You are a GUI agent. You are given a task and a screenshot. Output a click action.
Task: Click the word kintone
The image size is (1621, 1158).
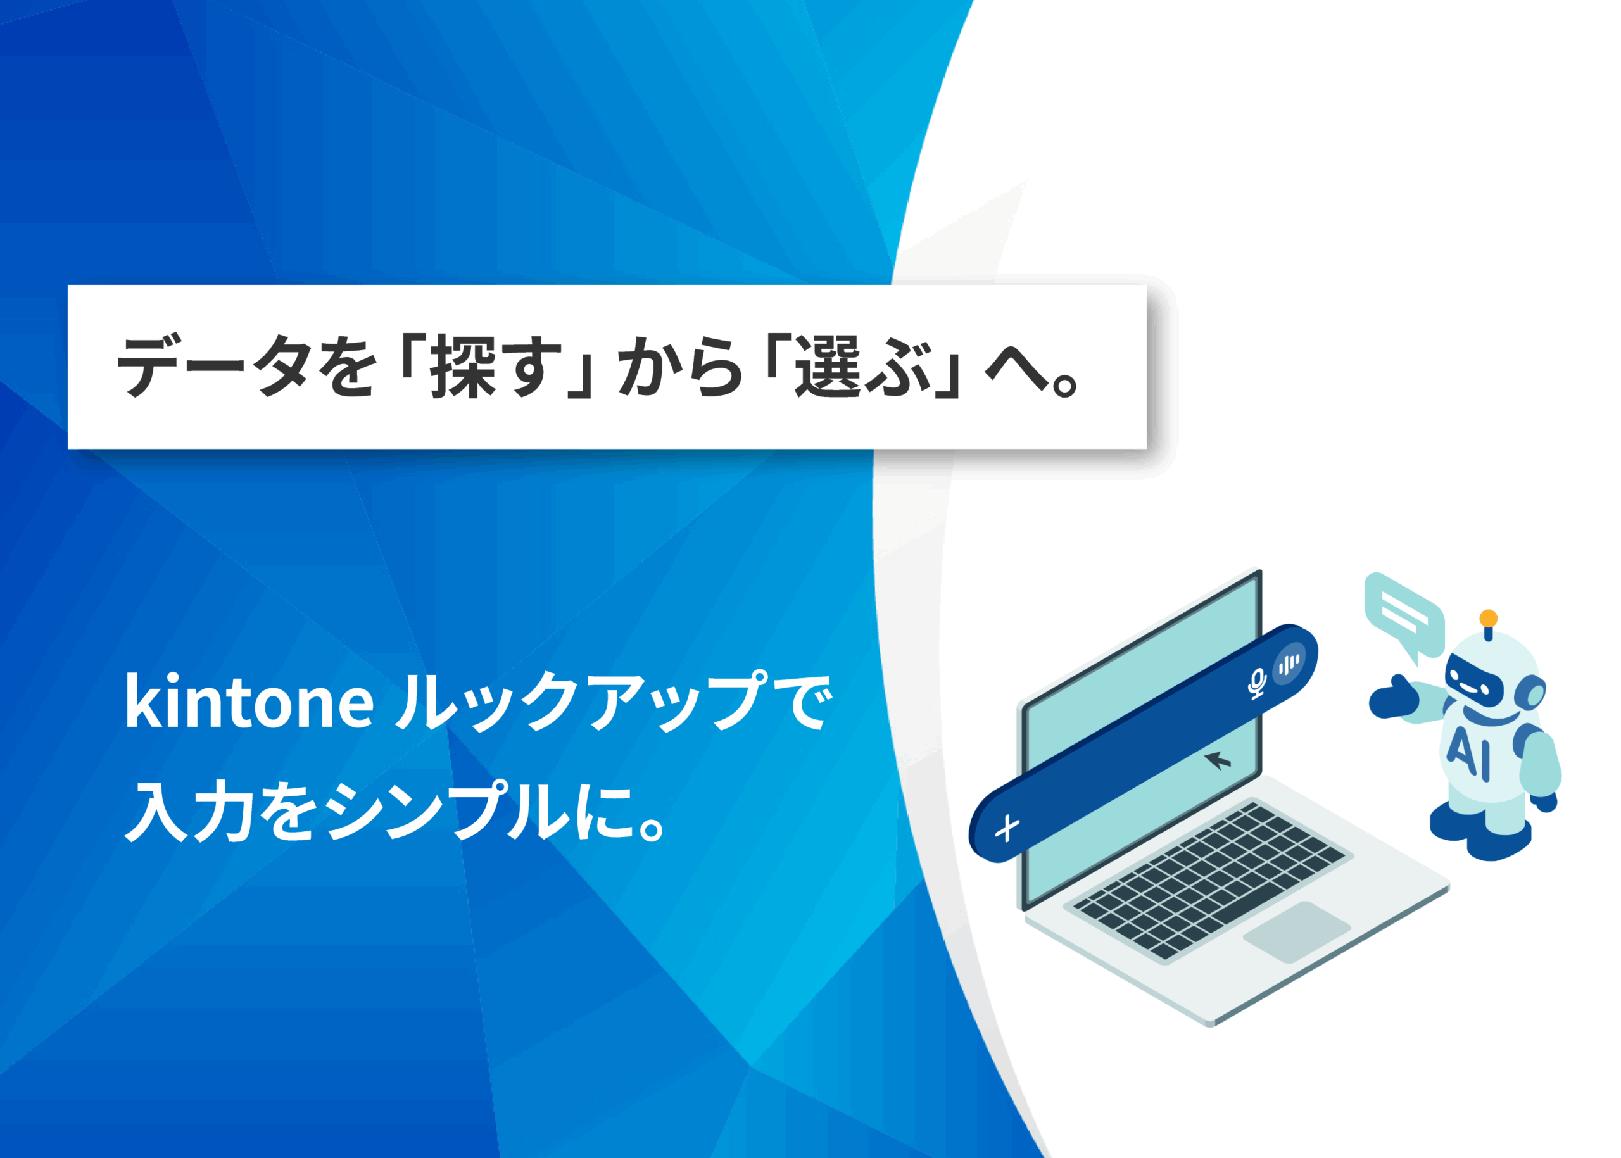pyautogui.click(x=249, y=702)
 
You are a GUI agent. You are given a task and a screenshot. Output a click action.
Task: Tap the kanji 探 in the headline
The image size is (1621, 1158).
pyautogui.click(x=463, y=367)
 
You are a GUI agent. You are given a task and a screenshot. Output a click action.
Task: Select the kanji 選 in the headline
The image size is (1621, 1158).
pyautogui.click(x=829, y=367)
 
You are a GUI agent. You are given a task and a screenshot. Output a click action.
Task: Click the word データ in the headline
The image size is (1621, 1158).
pyautogui.click(x=214, y=367)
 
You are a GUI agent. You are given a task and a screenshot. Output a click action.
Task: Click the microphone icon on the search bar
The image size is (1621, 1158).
pyautogui.click(x=1256, y=684)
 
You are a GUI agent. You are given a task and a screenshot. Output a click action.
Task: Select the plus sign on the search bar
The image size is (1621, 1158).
pyautogui.click(x=1007, y=829)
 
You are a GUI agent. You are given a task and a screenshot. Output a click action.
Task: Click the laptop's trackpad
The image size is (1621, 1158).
pyautogui.click(x=1297, y=932)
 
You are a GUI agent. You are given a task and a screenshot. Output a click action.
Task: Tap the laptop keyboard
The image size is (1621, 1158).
pyautogui.click(x=1209, y=881)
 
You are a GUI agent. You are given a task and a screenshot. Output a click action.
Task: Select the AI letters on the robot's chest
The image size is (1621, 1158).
pyautogui.click(x=1468, y=753)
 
